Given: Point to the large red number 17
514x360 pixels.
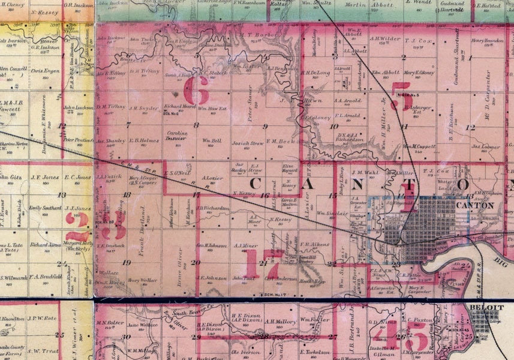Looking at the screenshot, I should tap(264, 262).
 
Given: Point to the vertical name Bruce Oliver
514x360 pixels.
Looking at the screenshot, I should tap(178, 259).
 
